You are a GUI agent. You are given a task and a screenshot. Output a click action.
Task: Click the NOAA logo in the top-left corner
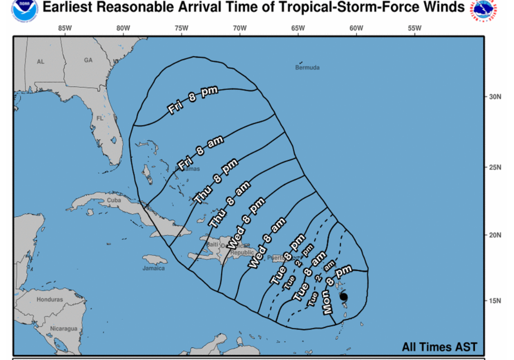[25, 10]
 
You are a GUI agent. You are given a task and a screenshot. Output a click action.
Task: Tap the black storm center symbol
[343, 297]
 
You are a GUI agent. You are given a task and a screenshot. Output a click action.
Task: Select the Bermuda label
[307, 67]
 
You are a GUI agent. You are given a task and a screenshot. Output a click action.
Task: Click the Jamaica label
[154, 268]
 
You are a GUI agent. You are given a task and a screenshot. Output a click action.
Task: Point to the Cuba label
[114, 201]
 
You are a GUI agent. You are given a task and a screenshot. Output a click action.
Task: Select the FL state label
[100, 118]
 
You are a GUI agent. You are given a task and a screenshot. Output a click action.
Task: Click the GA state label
[88, 60]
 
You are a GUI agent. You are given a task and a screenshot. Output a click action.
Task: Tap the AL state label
[41, 62]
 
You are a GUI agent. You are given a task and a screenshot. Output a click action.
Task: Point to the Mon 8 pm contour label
[337, 289]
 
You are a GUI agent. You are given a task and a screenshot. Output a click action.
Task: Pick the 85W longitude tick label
[65, 28]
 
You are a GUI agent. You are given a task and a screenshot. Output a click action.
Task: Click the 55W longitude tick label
[414, 28]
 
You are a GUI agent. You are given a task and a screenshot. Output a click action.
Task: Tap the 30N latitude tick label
[495, 96]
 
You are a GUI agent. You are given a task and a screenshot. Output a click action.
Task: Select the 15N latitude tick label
[495, 301]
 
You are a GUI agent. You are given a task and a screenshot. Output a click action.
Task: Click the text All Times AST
[439, 347]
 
